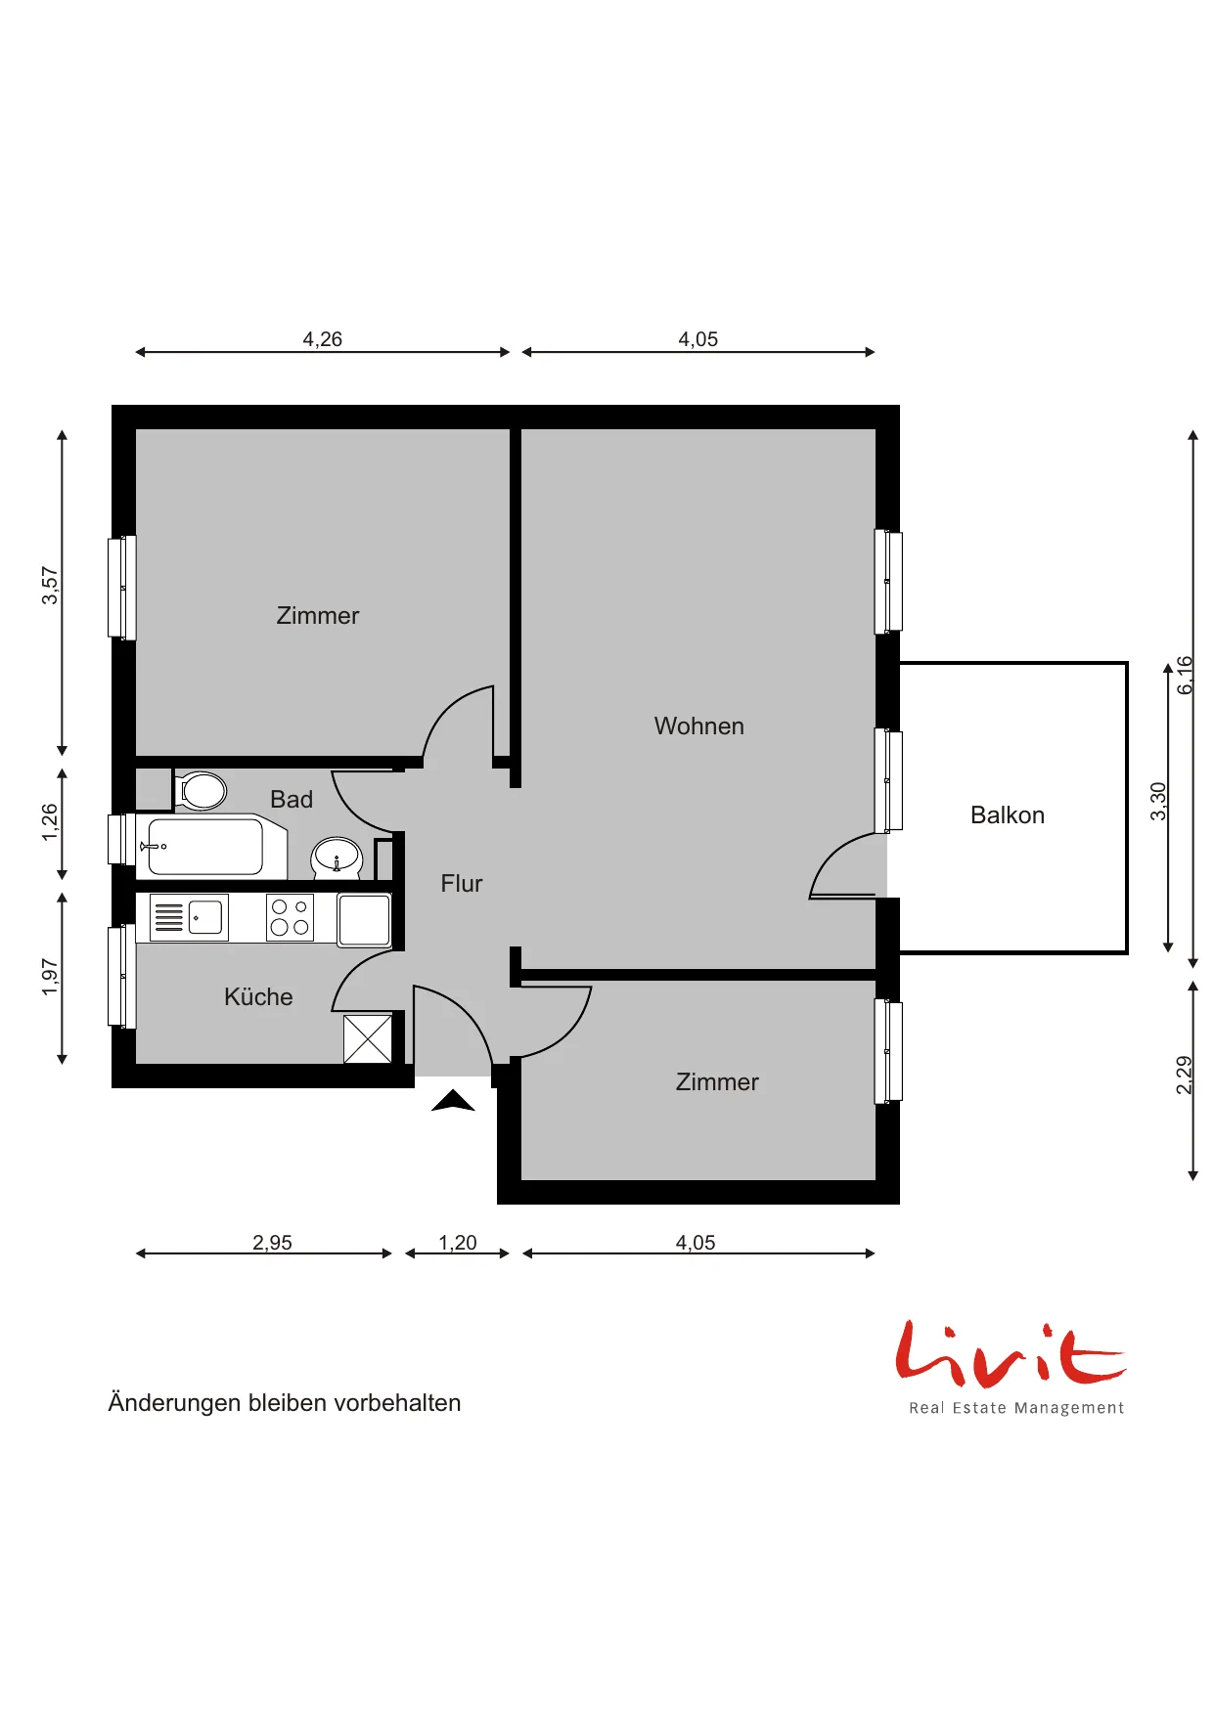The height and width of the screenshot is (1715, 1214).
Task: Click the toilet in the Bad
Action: [x=201, y=790]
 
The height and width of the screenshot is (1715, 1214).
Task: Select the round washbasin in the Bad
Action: [x=337, y=857]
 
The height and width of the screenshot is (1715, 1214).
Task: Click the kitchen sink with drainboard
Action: [x=189, y=918]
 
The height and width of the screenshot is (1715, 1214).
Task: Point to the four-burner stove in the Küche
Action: [x=290, y=918]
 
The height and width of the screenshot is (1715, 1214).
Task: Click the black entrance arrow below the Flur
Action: [x=453, y=1101]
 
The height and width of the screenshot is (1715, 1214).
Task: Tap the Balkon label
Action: [x=1008, y=815]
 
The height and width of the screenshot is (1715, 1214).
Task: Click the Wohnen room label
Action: [x=699, y=726]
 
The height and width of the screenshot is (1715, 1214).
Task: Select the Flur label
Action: [x=462, y=884]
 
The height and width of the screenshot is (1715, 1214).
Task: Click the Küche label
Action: [x=258, y=996]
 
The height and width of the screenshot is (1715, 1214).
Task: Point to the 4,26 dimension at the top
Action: [x=323, y=339]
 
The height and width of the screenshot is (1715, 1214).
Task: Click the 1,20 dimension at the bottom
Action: [x=458, y=1243]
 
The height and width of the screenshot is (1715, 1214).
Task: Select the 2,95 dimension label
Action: [x=273, y=1243]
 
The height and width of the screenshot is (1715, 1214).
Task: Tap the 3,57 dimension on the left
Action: [x=50, y=586]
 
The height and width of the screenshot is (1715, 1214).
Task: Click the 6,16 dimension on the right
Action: [x=1185, y=675]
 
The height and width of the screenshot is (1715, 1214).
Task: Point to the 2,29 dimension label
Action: [x=1184, y=1076]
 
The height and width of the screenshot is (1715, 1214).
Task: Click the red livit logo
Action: [x=1011, y=1354]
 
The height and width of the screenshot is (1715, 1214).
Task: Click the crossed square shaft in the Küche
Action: [x=368, y=1038]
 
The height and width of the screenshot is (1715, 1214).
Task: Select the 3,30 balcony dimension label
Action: [x=1158, y=802]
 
